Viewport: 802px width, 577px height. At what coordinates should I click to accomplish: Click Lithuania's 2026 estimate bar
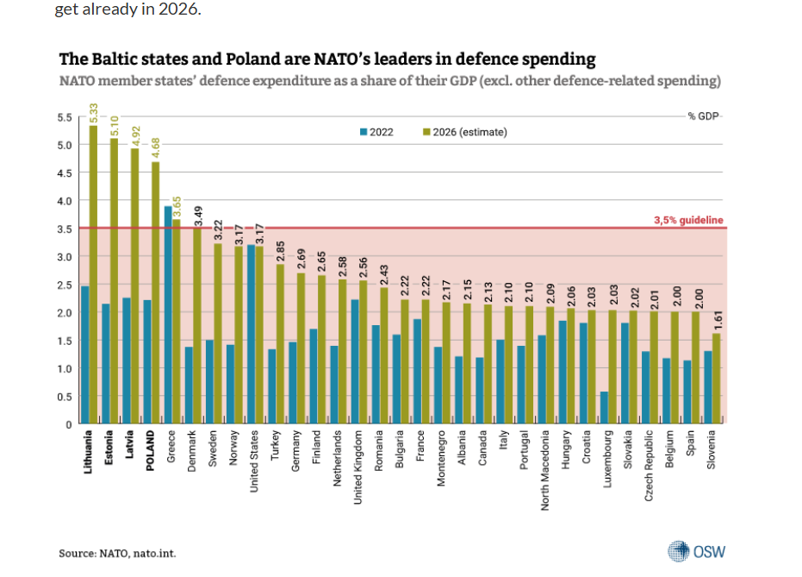(x=93, y=275)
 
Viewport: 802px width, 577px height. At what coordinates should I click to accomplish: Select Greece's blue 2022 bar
(x=168, y=315)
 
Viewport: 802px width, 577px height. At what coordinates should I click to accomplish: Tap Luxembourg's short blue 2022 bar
(x=604, y=408)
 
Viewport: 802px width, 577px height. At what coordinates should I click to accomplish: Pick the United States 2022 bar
(x=252, y=335)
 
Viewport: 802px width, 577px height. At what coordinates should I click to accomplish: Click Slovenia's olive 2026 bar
(x=716, y=379)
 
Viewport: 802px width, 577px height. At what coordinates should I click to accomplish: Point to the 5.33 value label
(x=94, y=114)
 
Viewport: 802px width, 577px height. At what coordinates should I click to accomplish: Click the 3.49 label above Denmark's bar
(x=198, y=216)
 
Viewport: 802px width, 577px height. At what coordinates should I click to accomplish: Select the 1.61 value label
(x=718, y=321)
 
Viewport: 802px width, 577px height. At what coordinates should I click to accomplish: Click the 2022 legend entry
(x=376, y=132)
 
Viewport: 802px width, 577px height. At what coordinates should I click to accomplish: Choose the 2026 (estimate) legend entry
(x=465, y=132)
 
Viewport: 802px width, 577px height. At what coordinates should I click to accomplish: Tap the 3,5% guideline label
(x=688, y=220)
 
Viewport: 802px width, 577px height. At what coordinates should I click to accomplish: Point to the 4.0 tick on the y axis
(x=65, y=201)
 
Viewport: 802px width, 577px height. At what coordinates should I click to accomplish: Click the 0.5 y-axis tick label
(x=65, y=397)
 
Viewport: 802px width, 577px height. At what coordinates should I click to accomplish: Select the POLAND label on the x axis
(x=150, y=450)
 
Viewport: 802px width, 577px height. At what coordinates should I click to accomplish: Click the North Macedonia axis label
(x=544, y=470)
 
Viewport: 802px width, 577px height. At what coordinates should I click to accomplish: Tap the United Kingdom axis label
(x=357, y=467)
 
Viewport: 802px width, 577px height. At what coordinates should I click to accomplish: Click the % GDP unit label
(x=703, y=116)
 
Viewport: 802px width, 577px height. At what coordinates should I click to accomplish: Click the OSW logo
(x=696, y=551)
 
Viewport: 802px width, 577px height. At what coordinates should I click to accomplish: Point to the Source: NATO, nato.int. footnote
(x=117, y=554)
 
